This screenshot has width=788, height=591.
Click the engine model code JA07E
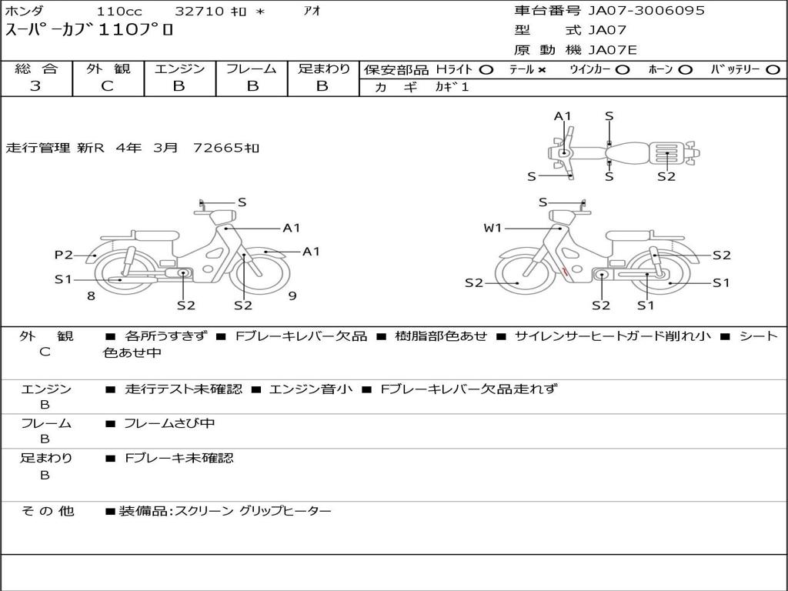coord(613,51)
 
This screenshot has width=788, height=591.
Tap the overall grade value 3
coord(35,86)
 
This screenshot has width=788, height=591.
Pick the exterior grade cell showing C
coord(108,86)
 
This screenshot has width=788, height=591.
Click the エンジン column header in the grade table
coord(179,69)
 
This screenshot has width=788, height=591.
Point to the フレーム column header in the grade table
coord(251,69)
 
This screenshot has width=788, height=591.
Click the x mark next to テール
coord(542,70)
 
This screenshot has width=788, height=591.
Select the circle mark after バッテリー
coord(773,70)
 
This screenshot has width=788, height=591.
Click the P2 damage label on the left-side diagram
coord(63,255)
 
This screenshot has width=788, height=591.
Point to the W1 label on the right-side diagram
coord(492,228)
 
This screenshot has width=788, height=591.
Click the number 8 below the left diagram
coord(91,295)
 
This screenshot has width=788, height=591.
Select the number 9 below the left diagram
coord(292,295)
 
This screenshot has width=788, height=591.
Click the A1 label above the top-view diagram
coord(563,116)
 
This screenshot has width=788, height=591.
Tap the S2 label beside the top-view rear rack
coord(666,176)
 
